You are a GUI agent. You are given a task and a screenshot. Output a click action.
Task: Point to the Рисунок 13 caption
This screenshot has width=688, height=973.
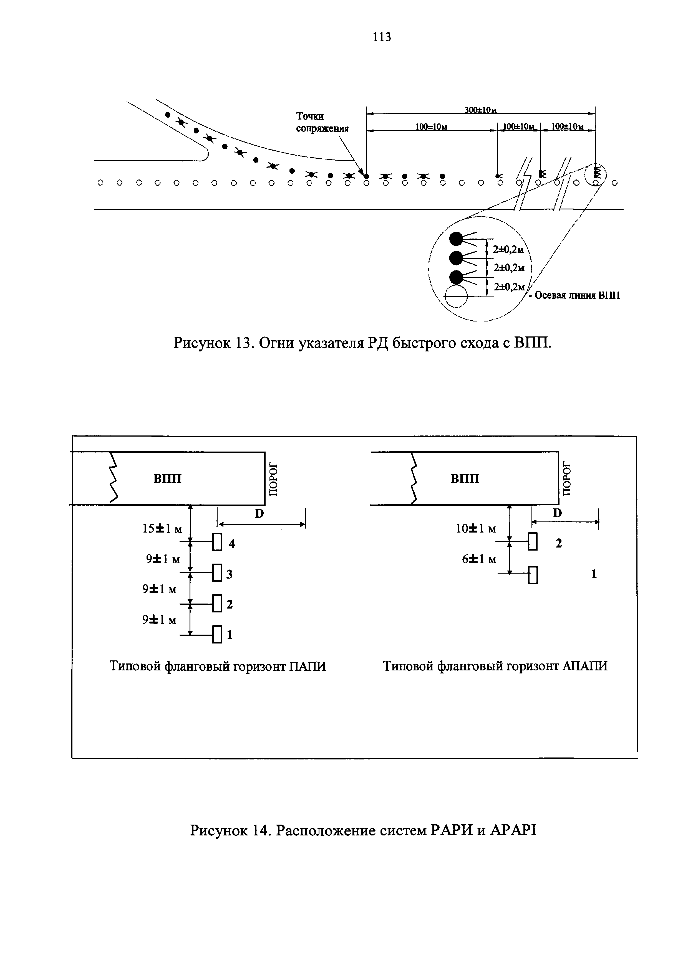click(x=363, y=343)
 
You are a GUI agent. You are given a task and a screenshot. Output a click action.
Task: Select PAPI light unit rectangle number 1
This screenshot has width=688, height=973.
click(x=217, y=634)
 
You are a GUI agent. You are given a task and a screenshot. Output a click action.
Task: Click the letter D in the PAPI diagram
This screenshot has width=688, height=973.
click(x=259, y=514)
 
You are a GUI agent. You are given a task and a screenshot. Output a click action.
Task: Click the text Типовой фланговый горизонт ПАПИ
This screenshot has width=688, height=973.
click(x=218, y=666)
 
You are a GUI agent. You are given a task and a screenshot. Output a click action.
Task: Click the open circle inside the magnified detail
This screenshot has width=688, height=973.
click(x=456, y=295)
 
